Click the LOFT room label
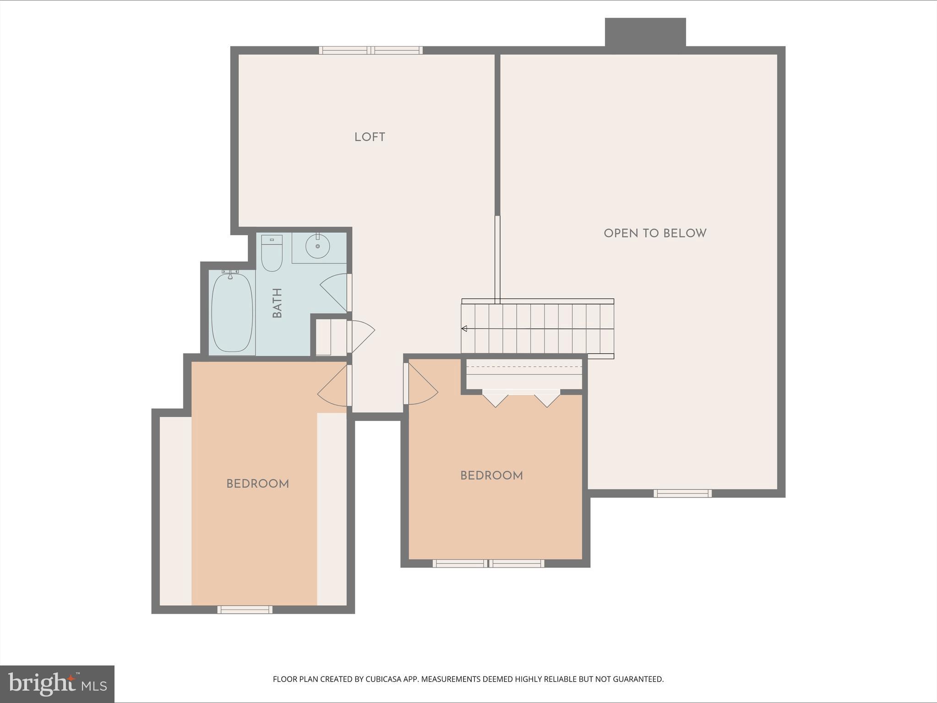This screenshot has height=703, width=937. pyautogui.click(x=370, y=137)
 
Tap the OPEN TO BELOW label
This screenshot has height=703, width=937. pyautogui.click(x=655, y=233)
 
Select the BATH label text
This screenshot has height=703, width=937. pyautogui.click(x=277, y=303)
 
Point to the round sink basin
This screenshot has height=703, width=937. pyautogui.click(x=317, y=246)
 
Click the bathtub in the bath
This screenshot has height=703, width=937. pyautogui.click(x=232, y=312)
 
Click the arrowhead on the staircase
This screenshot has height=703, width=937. pyautogui.click(x=464, y=328)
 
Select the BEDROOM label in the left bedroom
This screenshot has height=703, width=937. pyautogui.click(x=257, y=484)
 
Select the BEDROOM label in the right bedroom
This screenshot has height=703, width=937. pyautogui.click(x=491, y=476)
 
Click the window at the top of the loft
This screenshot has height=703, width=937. pyautogui.click(x=370, y=50)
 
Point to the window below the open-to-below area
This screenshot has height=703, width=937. pyautogui.click(x=682, y=493)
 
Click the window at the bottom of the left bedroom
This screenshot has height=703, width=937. pyautogui.click(x=245, y=609)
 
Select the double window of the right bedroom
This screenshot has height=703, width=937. pyautogui.click(x=488, y=563)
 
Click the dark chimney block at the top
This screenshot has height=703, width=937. pyautogui.click(x=645, y=32)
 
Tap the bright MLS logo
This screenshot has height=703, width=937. pyautogui.click(x=57, y=684)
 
